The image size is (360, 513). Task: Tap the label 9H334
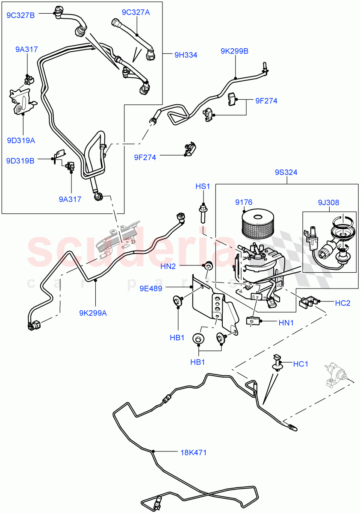(x=186, y=55)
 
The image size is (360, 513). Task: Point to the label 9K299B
(x=234, y=51)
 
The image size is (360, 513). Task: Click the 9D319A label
(x=21, y=140)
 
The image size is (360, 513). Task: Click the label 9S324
(x=286, y=173)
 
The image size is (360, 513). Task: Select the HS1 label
(x=203, y=187)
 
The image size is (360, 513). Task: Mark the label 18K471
(x=192, y=452)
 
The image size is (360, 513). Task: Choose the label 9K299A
(x=92, y=313)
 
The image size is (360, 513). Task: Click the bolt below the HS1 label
(x=203, y=213)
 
